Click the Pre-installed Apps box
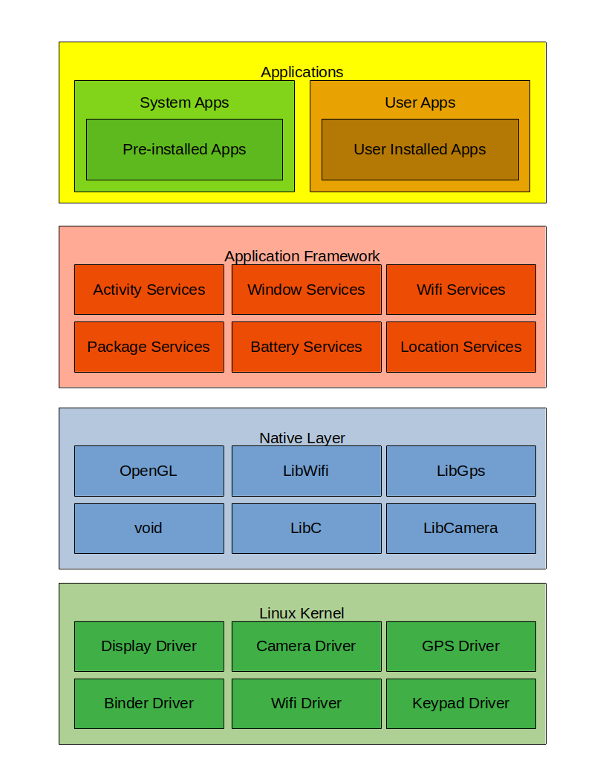(184, 149)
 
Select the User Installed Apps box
(420, 149)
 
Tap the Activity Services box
(149, 290)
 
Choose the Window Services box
(306, 290)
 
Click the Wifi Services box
(460, 290)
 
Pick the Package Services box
(149, 347)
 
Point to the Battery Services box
(306, 347)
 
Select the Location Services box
(460, 347)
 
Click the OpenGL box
(149, 471)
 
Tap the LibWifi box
(306, 471)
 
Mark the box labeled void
(149, 528)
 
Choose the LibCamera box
(460, 528)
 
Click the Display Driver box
(149, 646)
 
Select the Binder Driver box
(149, 703)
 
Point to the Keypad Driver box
(460, 703)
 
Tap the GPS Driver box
(460, 646)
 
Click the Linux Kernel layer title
(302, 613)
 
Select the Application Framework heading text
(302, 256)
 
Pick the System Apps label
(184, 102)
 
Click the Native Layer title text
(302, 438)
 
